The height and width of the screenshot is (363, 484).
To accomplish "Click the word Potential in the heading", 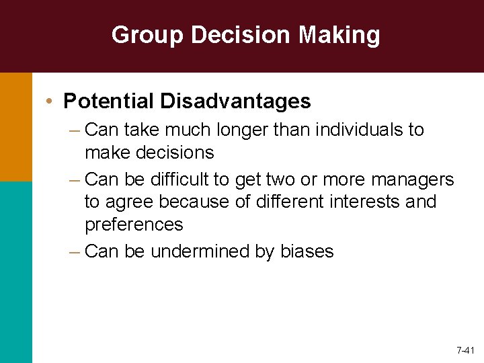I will [108, 102].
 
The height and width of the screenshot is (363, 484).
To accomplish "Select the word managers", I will [411, 179].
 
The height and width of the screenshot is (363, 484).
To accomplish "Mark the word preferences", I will [134, 224].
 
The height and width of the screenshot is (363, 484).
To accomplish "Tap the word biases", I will [306, 251].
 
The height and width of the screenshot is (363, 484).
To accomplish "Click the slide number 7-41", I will [465, 351].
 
